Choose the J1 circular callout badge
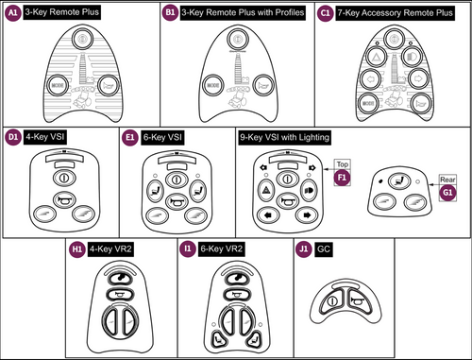[303, 250]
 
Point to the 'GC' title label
[324, 250]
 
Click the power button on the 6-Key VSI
[177, 176]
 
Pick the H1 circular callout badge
[77, 250]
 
